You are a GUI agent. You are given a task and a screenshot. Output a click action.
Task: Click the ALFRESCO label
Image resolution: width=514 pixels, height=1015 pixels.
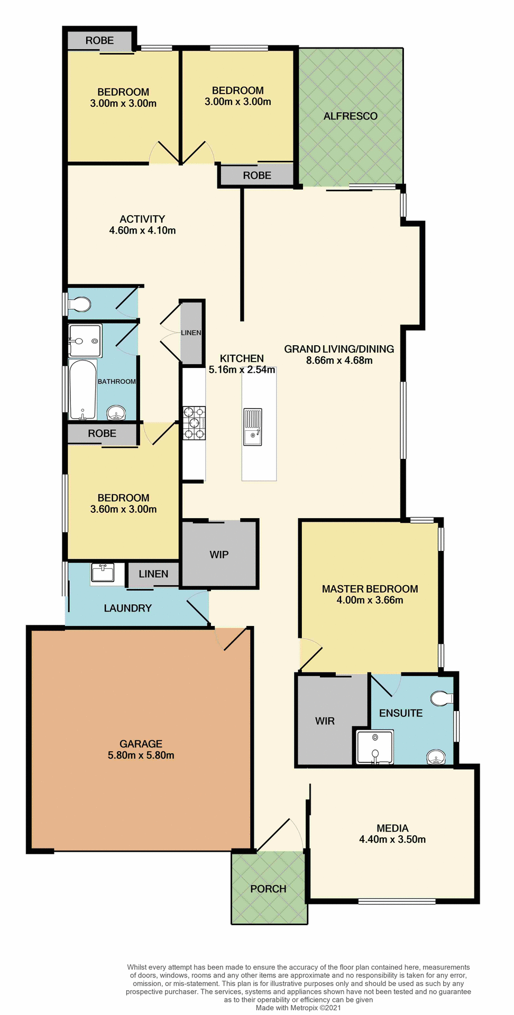pyautogui.click(x=350, y=116)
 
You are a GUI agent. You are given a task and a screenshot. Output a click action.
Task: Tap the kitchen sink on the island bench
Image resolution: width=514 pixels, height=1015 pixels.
pyautogui.click(x=253, y=427)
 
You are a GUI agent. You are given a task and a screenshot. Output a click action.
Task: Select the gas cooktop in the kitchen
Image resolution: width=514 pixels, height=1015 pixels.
pyautogui.click(x=194, y=423)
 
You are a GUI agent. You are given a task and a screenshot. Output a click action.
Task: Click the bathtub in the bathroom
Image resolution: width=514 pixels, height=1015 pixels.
pyautogui.click(x=82, y=390)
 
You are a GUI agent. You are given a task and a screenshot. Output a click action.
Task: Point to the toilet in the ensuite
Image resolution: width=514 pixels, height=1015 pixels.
pyautogui.click(x=441, y=698)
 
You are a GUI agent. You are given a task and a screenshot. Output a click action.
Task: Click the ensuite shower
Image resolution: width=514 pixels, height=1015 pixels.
pyautogui.click(x=375, y=747)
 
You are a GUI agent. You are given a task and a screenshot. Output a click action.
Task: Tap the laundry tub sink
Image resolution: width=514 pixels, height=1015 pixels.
pyautogui.click(x=103, y=573)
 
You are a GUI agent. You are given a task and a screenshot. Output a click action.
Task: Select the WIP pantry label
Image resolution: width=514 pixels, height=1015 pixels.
pyautogui.click(x=219, y=555)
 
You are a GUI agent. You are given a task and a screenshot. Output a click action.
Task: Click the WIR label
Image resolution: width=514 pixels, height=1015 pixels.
pyautogui.click(x=325, y=721)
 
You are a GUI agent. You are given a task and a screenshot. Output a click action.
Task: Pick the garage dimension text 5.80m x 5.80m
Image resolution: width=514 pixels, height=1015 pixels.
pyautogui.click(x=141, y=755)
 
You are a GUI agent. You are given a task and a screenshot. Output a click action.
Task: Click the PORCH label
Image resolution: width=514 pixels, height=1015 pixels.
pyautogui.click(x=268, y=889)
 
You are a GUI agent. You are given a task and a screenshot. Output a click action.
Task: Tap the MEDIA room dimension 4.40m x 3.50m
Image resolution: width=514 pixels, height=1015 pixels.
pyautogui.click(x=392, y=839)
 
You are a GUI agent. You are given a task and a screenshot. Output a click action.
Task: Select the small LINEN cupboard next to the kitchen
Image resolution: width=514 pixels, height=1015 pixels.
pyautogui.click(x=191, y=333)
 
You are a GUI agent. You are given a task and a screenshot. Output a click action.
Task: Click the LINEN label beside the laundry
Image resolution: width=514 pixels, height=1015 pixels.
pyautogui.click(x=153, y=574)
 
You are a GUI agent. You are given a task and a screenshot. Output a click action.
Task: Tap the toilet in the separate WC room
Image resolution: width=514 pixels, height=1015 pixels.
pyautogui.click(x=79, y=304)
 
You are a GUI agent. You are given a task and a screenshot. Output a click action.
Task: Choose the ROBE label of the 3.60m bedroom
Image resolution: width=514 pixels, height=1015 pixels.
pyautogui.click(x=102, y=433)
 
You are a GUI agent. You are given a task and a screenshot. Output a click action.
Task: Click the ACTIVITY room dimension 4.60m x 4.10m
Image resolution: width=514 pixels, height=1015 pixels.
pyautogui.click(x=142, y=230)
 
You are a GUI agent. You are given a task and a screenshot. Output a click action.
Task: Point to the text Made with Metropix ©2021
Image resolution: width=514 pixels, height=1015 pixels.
pyautogui.click(x=298, y=1008)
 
